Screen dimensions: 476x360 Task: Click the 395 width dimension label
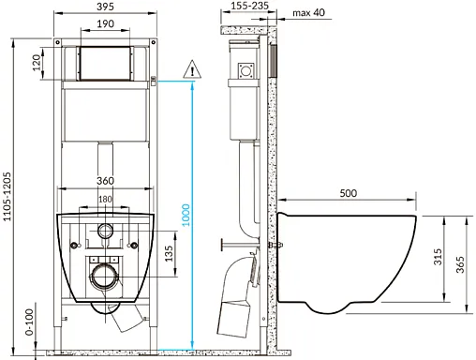point(105,7)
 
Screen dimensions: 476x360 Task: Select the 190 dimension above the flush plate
point(105,23)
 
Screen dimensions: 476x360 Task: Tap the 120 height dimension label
point(37,63)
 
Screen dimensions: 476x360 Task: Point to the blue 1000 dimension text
point(186,215)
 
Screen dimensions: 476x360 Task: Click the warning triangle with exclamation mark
point(192,69)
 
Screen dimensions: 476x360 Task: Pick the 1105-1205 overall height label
point(7,197)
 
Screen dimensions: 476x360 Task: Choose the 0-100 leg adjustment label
point(29,322)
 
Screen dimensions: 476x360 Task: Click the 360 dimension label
point(105,181)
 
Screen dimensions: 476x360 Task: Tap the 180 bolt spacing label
point(105,199)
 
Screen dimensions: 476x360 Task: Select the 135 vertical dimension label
point(169,253)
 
